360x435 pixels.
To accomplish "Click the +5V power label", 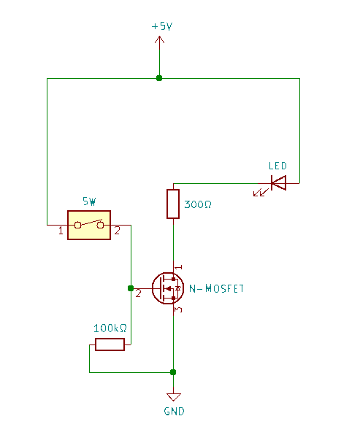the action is point(162,26).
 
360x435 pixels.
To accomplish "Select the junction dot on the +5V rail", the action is point(159,78).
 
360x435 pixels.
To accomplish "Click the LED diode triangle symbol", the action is point(278,182).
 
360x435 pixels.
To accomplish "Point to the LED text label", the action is point(277,166).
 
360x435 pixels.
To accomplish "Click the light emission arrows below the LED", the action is point(261,192).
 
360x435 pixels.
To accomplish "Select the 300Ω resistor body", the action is point(173,204).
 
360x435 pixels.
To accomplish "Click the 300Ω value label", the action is point(198,204).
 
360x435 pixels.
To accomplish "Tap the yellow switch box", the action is point(89,225).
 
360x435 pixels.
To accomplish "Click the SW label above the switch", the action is point(89,201).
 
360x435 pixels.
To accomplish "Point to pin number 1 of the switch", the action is point(61,231).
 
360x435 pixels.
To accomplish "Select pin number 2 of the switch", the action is point(117,231).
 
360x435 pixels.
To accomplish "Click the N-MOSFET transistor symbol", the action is point(168,288).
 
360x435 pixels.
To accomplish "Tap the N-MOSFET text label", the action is point(216,288).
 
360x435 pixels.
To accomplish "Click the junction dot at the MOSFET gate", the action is point(131,288).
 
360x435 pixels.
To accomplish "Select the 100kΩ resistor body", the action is point(110,344).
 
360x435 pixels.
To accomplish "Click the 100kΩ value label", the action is point(110,328).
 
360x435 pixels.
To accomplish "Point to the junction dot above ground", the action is point(173,372).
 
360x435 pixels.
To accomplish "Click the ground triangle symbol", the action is point(174,397).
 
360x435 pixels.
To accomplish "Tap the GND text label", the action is point(174,411).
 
